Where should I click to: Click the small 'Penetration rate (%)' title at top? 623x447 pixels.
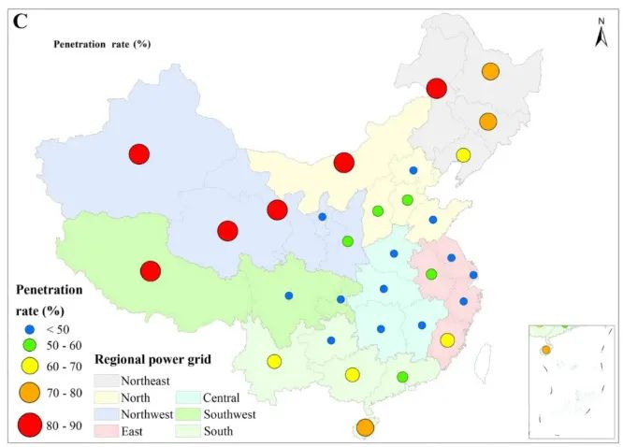[102, 43]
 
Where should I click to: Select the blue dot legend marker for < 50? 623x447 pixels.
[30, 330]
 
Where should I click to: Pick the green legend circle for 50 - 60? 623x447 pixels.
[30, 347]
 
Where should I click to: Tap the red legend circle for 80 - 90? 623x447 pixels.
[30, 425]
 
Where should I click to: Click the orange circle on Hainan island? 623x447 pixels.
[365, 427]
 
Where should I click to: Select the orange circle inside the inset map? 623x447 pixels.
[545, 351]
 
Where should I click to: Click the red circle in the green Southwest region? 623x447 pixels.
[150, 271]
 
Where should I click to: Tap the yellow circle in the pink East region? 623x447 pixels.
[447, 340]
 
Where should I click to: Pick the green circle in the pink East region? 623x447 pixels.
[431, 274]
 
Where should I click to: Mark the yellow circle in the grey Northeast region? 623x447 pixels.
[463, 155]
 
